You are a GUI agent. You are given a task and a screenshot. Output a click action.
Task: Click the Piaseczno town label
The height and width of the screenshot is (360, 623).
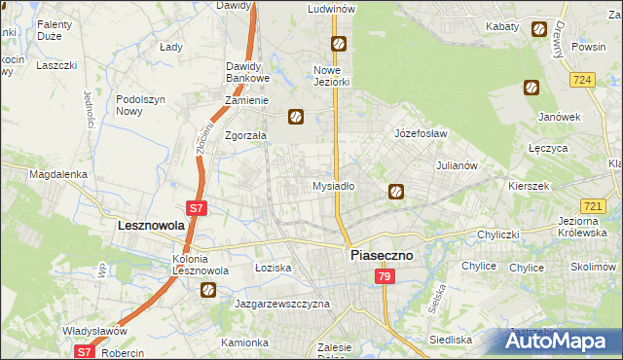point(382,255)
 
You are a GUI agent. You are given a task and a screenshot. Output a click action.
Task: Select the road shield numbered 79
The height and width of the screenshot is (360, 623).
point(385,278)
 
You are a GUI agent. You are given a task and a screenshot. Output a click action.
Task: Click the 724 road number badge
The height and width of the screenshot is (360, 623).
point(584,79)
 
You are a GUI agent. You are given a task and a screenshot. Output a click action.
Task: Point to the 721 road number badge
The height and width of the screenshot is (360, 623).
point(593,206)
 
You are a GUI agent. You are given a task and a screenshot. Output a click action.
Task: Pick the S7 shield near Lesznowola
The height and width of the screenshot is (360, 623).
point(197,207)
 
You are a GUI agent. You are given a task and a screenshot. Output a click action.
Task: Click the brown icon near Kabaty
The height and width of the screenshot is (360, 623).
point(538,29)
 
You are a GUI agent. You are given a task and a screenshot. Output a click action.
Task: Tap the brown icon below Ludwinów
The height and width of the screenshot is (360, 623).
point(338,43)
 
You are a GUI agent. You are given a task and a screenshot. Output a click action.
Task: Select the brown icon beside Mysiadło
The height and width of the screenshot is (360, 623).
point(396,192)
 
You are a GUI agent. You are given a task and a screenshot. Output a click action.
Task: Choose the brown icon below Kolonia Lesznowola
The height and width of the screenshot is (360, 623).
point(208,289)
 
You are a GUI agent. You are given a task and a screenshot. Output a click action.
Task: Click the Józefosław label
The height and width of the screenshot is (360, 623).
point(420,133)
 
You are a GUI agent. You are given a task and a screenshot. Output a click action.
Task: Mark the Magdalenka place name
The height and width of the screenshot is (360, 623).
point(58,174)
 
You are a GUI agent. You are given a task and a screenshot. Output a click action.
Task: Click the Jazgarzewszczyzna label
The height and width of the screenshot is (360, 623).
point(282,304)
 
